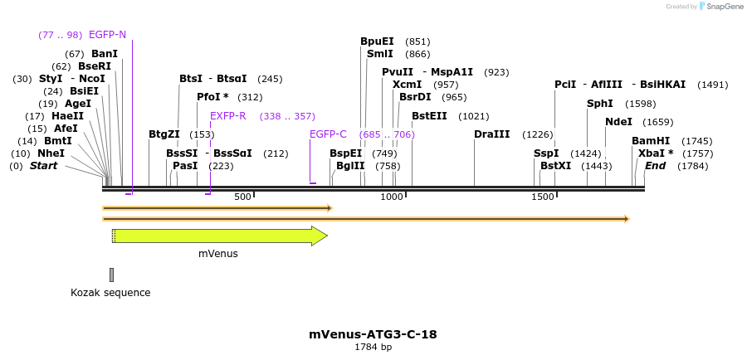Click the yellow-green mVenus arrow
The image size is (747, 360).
(x=219, y=236)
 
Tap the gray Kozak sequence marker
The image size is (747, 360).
(x=111, y=275)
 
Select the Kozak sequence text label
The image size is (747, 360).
(x=110, y=293)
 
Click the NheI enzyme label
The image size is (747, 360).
(x=51, y=153)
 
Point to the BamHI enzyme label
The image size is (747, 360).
(x=651, y=141)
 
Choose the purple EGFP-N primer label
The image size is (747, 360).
(x=107, y=35)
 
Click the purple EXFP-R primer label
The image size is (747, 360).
(x=227, y=116)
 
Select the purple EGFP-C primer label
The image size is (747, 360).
(x=328, y=134)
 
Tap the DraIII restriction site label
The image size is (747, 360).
(x=491, y=134)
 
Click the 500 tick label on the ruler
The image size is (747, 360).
(x=242, y=197)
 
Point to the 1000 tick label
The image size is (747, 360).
(x=391, y=197)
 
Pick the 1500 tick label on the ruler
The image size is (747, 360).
(x=542, y=197)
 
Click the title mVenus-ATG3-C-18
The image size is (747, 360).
(x=373, y=334)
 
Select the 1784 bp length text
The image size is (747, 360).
(x=373, y=348)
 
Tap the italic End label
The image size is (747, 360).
(x=655, y=166)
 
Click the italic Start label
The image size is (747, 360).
(x=43, y=166)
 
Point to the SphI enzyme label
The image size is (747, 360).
(x=599, y=104)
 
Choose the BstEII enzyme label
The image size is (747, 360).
(x=429, y=116)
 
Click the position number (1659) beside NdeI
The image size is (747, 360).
(x=657, y=122)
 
